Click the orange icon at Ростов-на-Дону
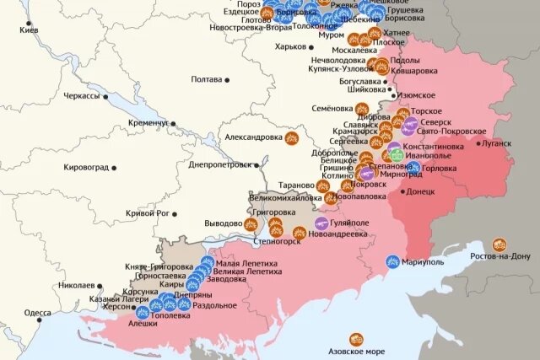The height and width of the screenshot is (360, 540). pos(499,244)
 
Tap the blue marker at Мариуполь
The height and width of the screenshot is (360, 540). pos(392,261)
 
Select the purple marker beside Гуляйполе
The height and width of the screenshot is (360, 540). pos(321,223)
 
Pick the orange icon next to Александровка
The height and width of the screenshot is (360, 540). pos(293,137)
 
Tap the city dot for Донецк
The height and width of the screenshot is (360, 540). pos(400,191)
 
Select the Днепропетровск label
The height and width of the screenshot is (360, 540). pos(219,164)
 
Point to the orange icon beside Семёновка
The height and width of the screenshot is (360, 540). pos(361,109)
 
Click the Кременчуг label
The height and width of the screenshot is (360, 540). pos(148,123)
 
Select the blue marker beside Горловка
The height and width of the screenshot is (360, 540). pos(414,167)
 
